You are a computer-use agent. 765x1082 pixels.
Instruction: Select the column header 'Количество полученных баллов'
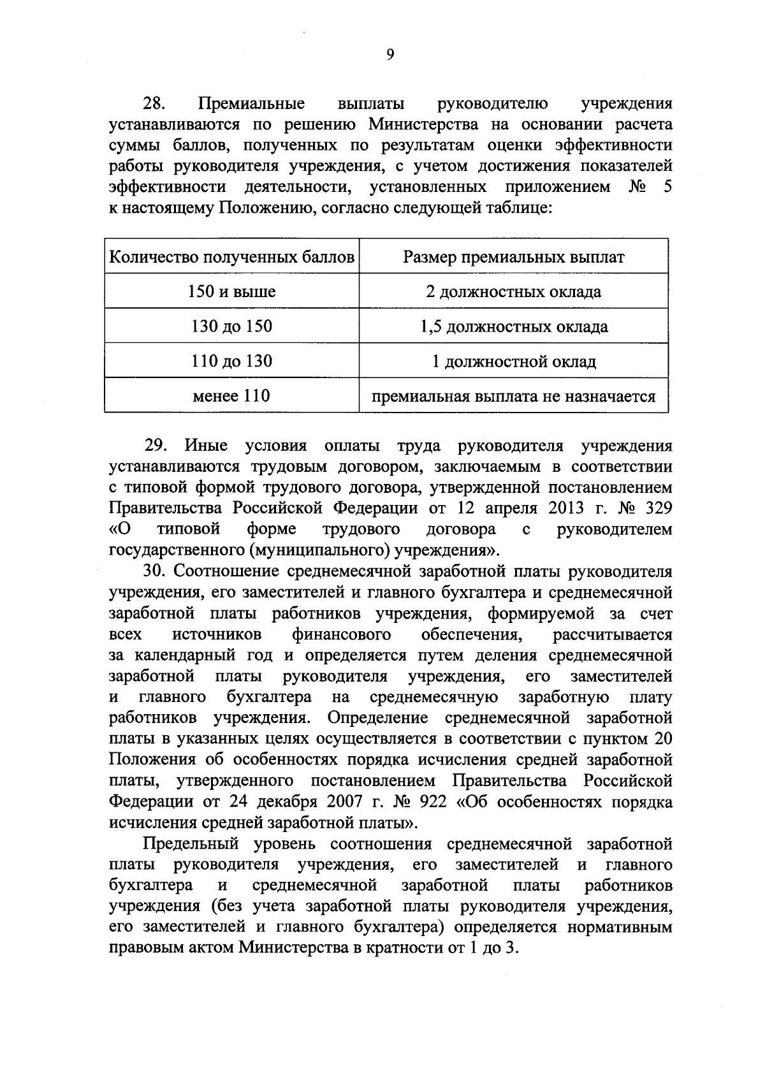pos(232,257)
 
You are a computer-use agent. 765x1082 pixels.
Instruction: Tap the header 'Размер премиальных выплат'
pos(513,257)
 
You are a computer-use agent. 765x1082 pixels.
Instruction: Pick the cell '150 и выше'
pos(232,292)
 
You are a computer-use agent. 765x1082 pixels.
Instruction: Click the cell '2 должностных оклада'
pos(513,292)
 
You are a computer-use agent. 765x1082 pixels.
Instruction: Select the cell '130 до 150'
pos(232,326)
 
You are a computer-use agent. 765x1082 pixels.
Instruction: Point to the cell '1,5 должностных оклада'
pos(513,327)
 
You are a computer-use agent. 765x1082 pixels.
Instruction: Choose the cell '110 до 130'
pos(232,362)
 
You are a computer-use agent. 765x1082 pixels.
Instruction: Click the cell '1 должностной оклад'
pos(513,362)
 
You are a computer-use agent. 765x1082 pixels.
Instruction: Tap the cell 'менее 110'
pos(232,396)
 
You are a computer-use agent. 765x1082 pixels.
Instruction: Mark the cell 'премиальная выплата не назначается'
pos(513,397)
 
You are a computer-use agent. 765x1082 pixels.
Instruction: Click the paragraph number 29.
pos(155,445)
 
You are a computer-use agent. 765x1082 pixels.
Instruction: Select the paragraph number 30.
pos(155,571)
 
